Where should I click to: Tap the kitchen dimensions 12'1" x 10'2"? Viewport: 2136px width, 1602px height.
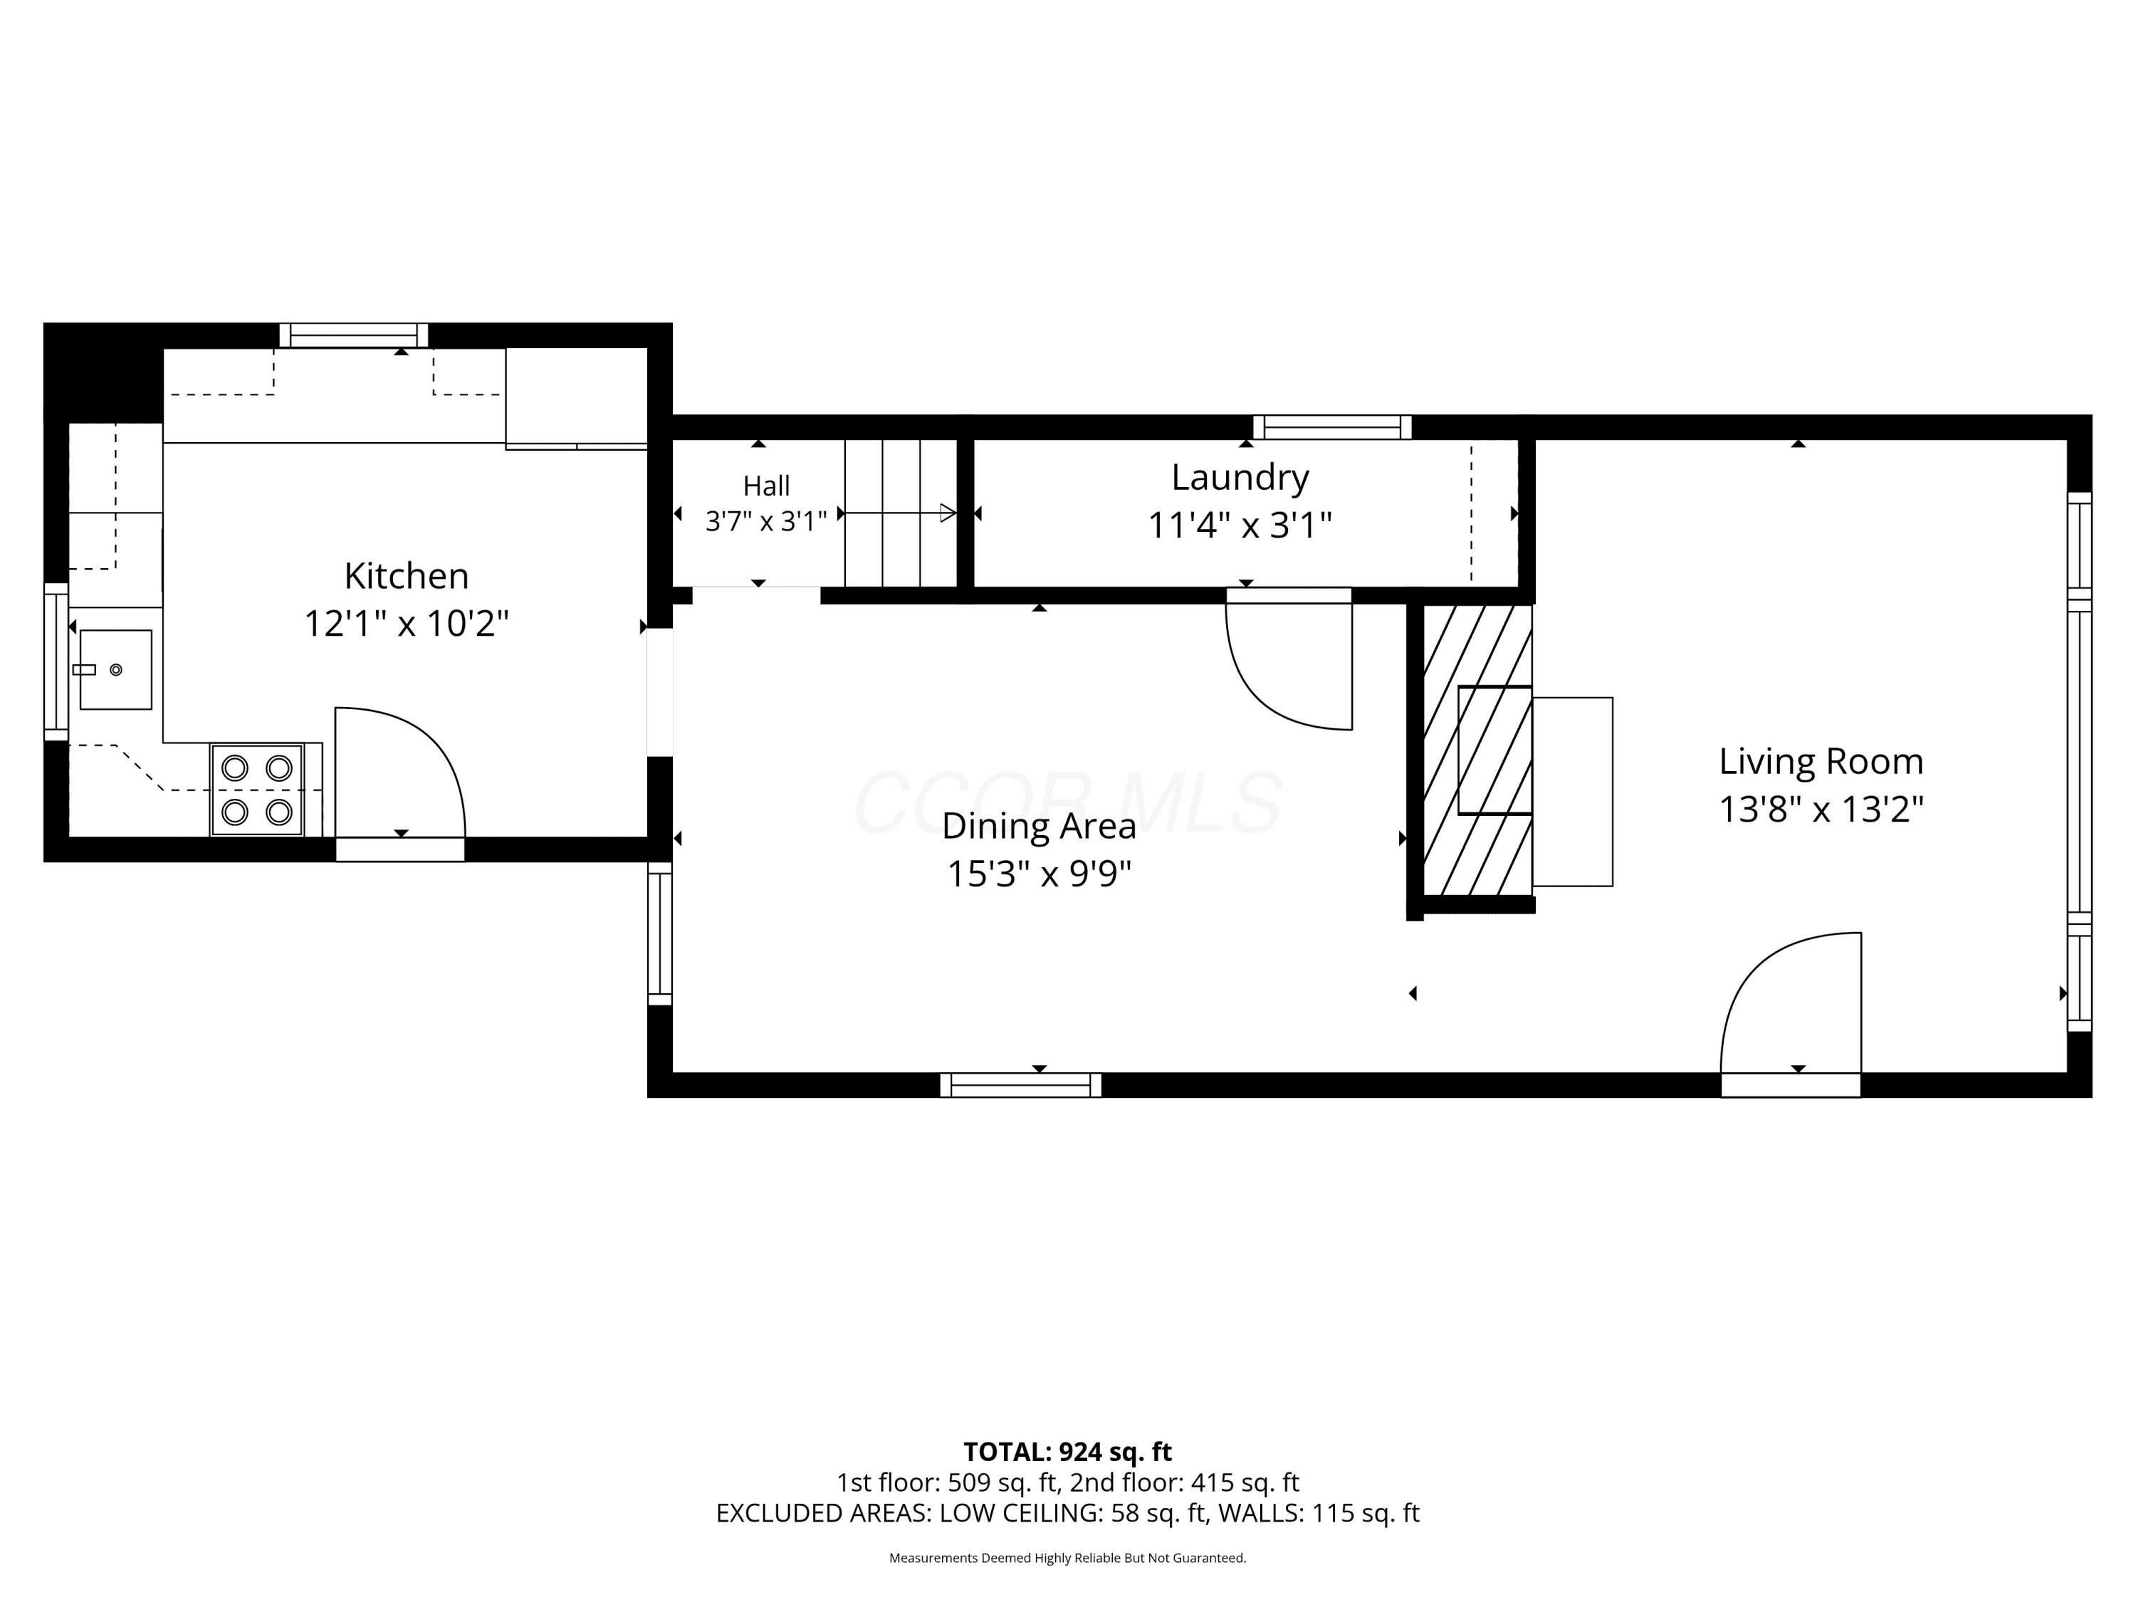407,623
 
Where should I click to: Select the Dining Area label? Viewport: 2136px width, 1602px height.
1039,827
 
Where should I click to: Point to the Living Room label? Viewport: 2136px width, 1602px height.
1821,762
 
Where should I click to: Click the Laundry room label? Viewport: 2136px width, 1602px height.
1240,478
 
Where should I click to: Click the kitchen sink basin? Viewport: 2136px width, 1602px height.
116,669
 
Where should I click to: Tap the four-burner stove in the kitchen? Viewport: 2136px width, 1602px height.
257,789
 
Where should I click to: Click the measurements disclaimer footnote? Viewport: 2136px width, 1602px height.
1068,1558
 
